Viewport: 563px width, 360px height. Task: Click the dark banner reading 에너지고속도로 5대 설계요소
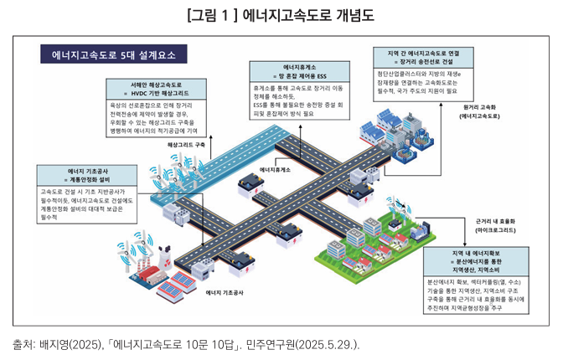pyautogui.click(x=114, y=56)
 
